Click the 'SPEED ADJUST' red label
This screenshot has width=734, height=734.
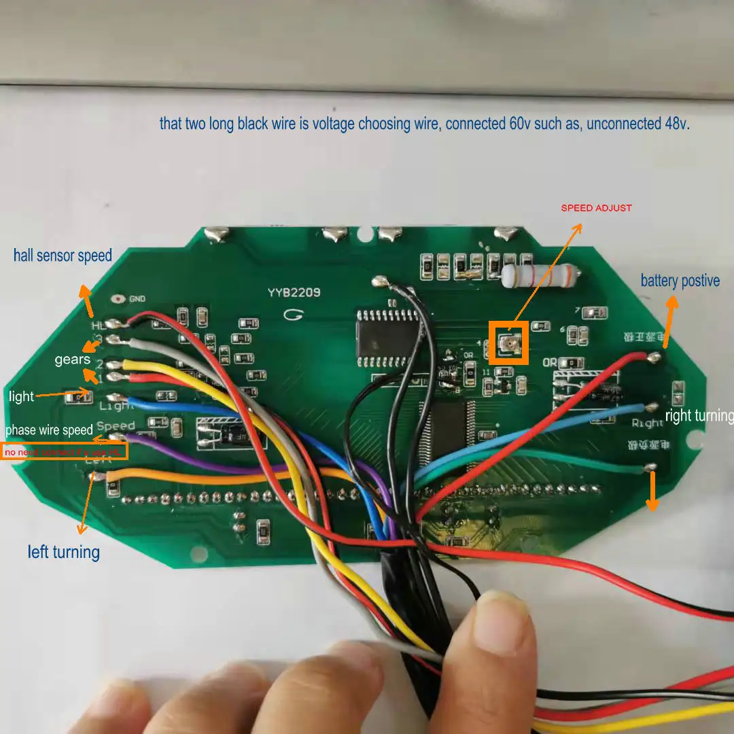[596, 208]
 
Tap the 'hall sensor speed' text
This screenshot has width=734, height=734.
[63, 256]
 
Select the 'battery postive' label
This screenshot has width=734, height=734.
[680, 281]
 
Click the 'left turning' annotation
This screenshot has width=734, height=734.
[64, 551]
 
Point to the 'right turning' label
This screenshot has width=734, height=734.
[699, 416]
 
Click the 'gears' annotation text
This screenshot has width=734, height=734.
[73, 360]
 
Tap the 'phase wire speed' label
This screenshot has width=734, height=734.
[49, 430]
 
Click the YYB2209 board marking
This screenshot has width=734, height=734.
[294, 293]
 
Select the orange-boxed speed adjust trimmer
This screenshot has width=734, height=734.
[508, 344]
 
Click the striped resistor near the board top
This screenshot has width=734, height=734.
[541, 275]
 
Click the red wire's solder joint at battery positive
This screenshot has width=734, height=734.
[654, 357]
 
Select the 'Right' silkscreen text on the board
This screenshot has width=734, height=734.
[646, 423]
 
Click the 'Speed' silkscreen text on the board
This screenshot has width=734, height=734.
[116, 426]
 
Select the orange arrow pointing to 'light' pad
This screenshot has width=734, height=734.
[60, 394]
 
